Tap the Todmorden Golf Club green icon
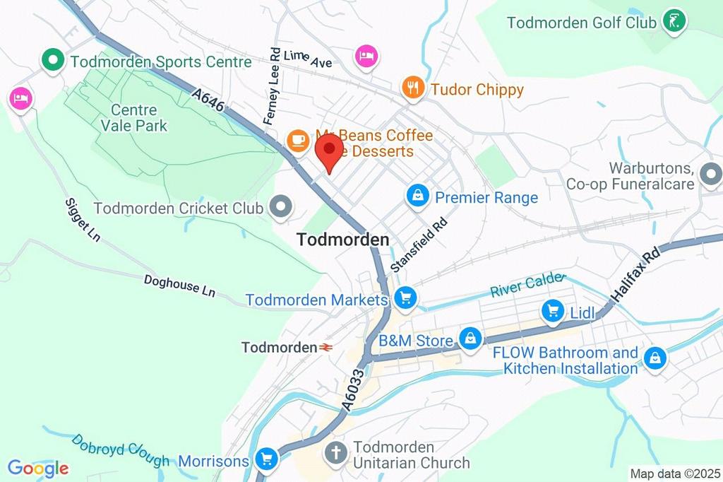coord(675,21)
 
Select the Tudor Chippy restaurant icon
coord(412,88)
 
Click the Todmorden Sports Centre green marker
coord(52,61)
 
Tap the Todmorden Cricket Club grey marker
coord(282,208)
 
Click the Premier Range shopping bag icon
coord(418,196)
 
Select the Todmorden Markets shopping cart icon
coord(405,298)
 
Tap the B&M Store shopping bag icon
coord(470,339)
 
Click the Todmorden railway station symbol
coord(326,347)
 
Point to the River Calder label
coord(528,285)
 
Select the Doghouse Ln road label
coord(179,286)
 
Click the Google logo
coord(38,468)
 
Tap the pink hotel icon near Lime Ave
coord(366,56)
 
